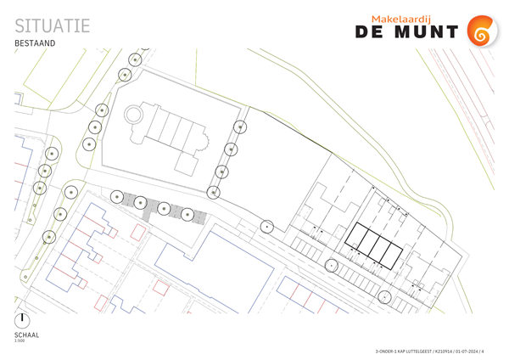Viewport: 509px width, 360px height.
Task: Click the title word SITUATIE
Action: pyautogui.click(x=53, y=25)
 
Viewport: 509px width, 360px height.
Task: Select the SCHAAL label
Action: pyautogui.click(x=27, y=335)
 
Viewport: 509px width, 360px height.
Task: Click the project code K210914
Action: pyautogui.click(x=450, y=351)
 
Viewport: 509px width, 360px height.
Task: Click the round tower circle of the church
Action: pyautogui.click(x=134, y=113)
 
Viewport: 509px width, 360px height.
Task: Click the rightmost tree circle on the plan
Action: pyautogui.click(x=385, y=297)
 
